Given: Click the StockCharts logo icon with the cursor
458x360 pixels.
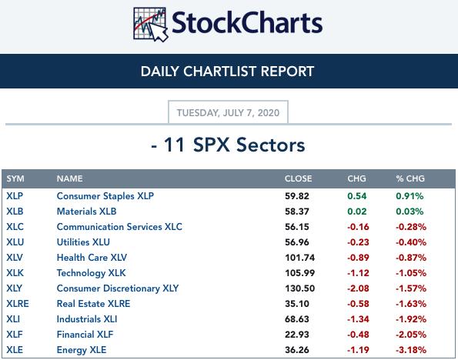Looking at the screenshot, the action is point(150,25).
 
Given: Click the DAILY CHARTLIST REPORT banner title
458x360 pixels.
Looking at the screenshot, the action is point(227,72).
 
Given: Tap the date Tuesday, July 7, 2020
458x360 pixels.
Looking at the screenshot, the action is point(228,113).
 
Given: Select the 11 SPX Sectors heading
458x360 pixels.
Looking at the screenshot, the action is point(228,145).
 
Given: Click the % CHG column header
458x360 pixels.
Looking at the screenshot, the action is point(410,178).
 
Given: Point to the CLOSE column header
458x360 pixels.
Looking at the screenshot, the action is point(298,178).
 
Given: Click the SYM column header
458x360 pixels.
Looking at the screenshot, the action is point(15,178).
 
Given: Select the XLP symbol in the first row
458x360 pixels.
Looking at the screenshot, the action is point(15,196).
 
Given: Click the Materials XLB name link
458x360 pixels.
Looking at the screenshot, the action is point(86,212).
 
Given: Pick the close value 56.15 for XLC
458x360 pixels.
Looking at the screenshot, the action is point(297,227).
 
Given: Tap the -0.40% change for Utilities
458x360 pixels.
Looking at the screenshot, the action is point(411,242).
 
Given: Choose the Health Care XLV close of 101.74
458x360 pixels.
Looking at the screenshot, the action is point(300,258).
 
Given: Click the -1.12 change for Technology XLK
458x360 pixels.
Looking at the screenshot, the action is point(358,273).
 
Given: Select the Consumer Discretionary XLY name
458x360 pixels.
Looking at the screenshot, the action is point(118,288).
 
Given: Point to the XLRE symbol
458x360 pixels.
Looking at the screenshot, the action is point(18,304).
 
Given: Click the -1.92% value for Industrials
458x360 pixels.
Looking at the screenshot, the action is point(411,319).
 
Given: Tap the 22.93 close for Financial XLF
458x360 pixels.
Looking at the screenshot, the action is point(297,335).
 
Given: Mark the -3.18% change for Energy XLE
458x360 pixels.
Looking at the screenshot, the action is point(411,350).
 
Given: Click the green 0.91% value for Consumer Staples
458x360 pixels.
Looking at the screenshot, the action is point(410,196).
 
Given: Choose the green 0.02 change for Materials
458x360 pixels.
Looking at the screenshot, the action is point(357,212).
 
